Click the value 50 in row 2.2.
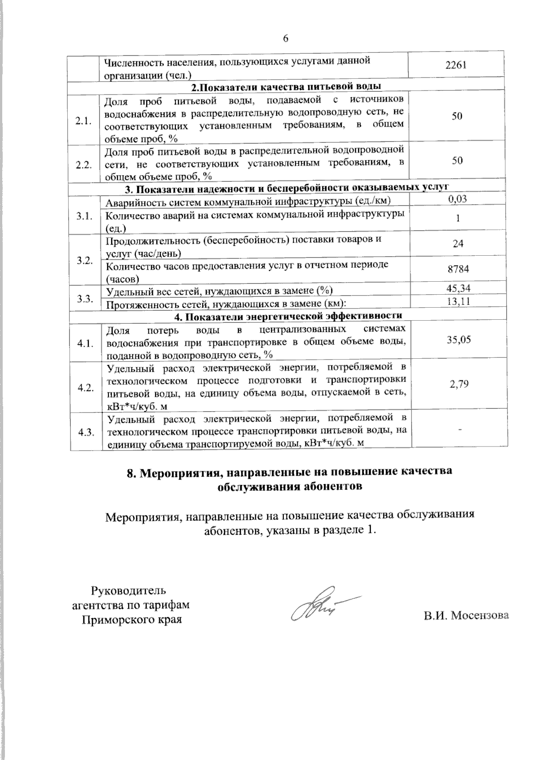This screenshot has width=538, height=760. pyautogui.click(x=457, y=160)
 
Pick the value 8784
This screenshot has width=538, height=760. pyautogui.click(x=458, y=269)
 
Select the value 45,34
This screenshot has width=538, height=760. pyautogui.click(x=459, y=288)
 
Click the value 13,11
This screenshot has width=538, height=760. pyautogui.click(x=459, y=301)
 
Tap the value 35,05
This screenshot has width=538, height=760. pyautogui.click(x=459, y=339)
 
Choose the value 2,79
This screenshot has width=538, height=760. pyautogui.click(x=460, y=383)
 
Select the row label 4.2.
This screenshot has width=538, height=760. pyautogui.click(x=85, y=388)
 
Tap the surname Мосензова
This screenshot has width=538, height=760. pyautogui.click(x=480, y=615)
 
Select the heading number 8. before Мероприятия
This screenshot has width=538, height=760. pyautogui.click(x=131, y=472)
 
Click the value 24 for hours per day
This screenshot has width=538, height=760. pyautogui.click(x=458, y=244)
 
